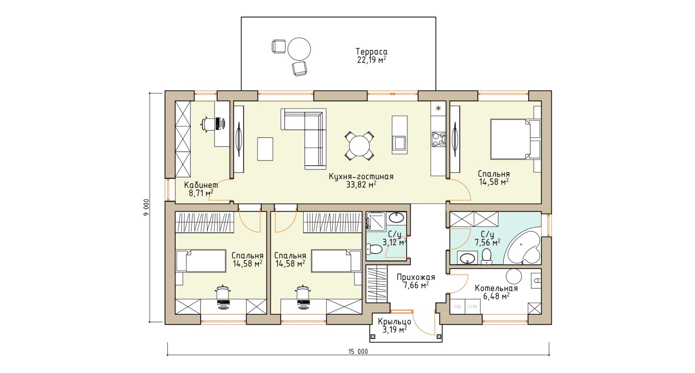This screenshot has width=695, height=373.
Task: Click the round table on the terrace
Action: click(299, 49)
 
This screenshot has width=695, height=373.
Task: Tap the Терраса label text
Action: click(371, 51)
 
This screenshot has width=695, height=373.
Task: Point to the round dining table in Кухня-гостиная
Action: click(359, 145)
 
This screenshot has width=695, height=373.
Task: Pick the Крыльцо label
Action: click(395, 321)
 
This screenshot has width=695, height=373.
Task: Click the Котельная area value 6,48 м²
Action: click(496, 296)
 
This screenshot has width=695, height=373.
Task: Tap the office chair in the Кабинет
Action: click(207, 124)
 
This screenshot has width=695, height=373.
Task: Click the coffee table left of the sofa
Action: click(265, 149)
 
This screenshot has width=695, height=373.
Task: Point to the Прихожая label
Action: click(416, 277)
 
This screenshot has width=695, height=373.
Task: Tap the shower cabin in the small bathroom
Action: click(376, 221)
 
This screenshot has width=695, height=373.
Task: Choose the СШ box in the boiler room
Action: click(458, 306)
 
